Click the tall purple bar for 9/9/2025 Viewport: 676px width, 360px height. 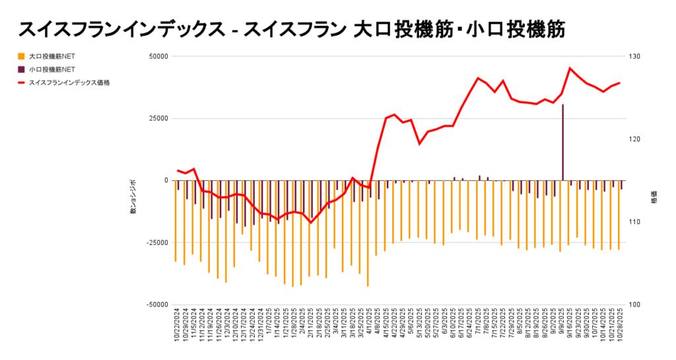point(563,142)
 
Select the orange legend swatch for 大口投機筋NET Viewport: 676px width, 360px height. point(22,56)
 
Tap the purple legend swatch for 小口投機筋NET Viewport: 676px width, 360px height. point(22,69)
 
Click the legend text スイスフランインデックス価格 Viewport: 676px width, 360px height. point(69,83)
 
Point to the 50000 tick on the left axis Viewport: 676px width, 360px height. point(158,56)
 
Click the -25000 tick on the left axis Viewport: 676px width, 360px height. point(157,242)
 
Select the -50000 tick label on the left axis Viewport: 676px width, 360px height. point(157,305)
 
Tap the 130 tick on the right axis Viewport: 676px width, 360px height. point(634,56)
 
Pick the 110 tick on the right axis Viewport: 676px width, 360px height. point(634,222)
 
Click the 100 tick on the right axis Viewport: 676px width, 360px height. point(634,305)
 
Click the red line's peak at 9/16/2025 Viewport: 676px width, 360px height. point(570,68)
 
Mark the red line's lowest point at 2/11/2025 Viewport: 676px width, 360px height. point(310,223)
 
